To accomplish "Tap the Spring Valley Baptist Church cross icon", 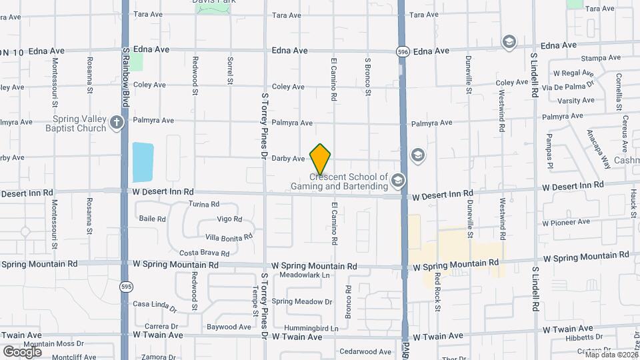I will [117, 122].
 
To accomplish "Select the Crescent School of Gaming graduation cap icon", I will [398, 180].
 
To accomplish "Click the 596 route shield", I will [402, 50].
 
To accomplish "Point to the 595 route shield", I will [125, 287].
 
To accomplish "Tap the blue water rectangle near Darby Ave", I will [143, 162].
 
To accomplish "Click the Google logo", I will [22, 351].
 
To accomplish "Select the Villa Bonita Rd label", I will [229, 237].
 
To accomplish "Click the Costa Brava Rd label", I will [205, 253].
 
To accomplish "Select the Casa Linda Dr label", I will [155, 306].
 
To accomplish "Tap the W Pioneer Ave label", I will [566, 222].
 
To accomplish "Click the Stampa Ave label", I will [597, 59].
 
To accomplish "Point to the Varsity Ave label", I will [576, 101].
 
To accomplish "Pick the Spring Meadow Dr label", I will [302, 301].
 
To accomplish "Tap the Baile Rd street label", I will [152, 219].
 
